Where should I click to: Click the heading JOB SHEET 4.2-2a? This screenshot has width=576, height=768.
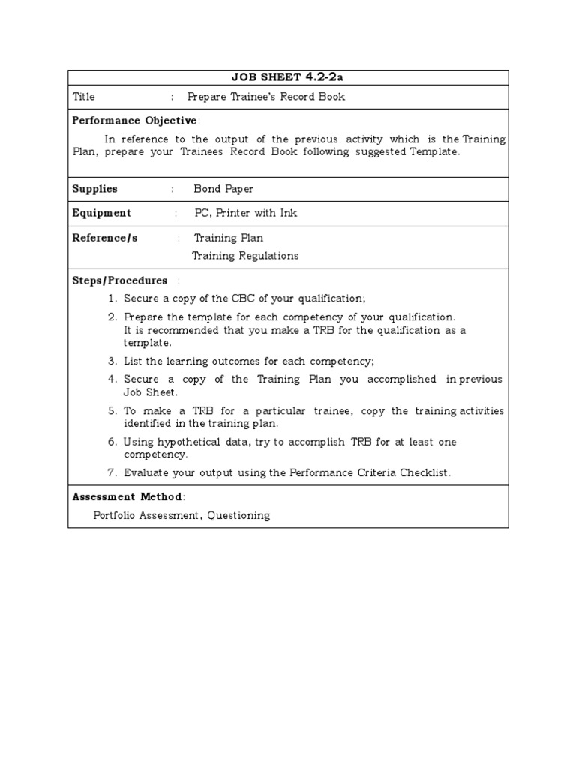point(288,78)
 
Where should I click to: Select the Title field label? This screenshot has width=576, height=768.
point(83,97)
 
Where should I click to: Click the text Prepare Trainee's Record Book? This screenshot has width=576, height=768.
point(266,97)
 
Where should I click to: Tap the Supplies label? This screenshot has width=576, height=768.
point(94,189)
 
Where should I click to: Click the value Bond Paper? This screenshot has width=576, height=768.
point(223,189)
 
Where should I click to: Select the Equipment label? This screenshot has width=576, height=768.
point(101,213)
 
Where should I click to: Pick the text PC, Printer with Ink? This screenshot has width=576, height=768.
point(245,213)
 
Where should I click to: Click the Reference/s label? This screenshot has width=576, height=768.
point(104,238)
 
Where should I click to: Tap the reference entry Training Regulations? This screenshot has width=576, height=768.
point(245,256)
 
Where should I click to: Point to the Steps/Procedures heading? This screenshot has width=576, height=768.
point(119,280)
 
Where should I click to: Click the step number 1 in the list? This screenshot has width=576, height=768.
point(112,298)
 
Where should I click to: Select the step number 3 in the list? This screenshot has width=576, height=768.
point(112,361)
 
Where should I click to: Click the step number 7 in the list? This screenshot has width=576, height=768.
point(112,472)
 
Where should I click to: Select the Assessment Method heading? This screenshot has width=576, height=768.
point(127,496)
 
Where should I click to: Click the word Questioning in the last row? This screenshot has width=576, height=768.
point(238,515)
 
